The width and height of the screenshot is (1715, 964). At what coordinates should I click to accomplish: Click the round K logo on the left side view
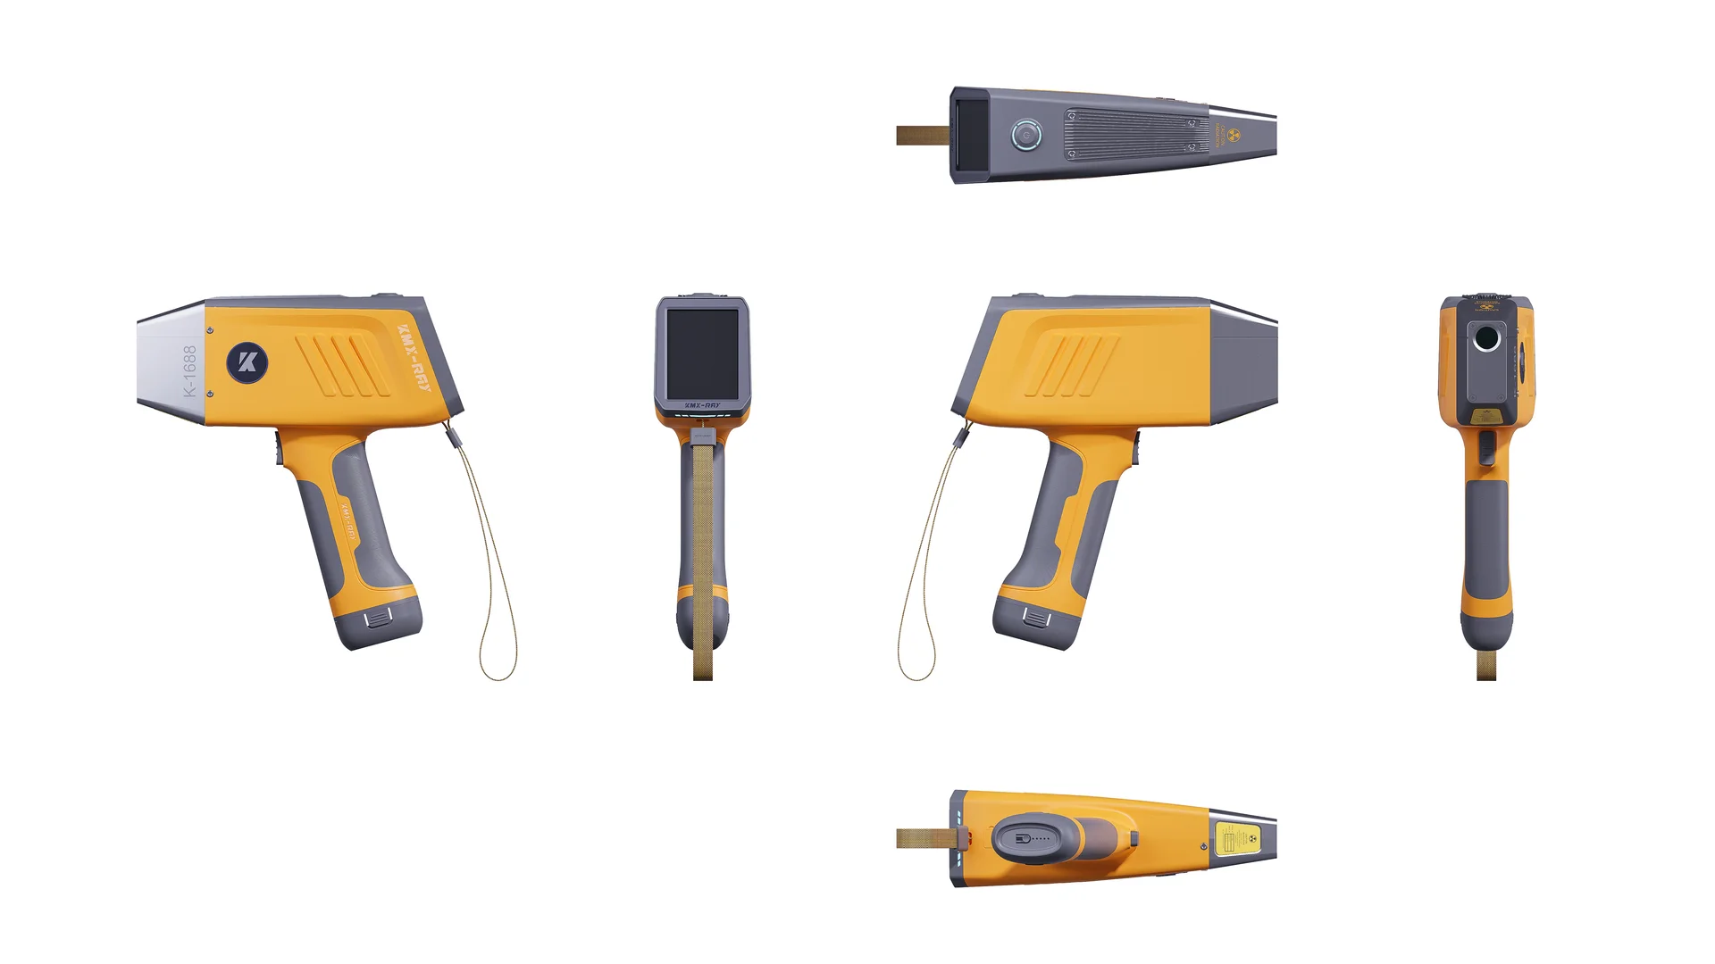pyautogui.click(x=247, y=362)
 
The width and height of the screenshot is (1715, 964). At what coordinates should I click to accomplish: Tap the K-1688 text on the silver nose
pyautogui.click(x=189, y=370)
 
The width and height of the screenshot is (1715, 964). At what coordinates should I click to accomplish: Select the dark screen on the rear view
pyautogui.click(x=702, y=353)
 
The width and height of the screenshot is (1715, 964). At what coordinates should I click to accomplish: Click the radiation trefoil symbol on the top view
pyautogui.click(x=1234, y=136)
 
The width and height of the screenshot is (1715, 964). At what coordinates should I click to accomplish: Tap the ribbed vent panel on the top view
pyautogui.click(x=1134, y=135)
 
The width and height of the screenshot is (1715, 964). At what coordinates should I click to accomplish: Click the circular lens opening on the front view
pyautogui.click(x=1486, y=338)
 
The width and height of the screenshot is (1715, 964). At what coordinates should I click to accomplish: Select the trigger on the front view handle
pyautogui.click(x=1486, y=447)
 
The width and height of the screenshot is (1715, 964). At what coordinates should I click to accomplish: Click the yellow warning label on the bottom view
pyautogui.click(x=1238, y=839)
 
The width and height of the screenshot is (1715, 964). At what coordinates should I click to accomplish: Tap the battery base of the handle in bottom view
pyautogui.click(x=1027, y=839)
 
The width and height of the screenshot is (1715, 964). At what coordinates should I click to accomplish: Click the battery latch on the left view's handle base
pyautogui.click(x=378, y=618)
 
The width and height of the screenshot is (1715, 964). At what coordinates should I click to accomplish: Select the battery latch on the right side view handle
pyautogui.click(x=1036, y=618)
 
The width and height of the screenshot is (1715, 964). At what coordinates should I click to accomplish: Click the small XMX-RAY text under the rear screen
pyautogui.click(x=702, y=405)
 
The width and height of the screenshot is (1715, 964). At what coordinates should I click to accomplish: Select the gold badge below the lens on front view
pyautogui.click(x=1486, y=416)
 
